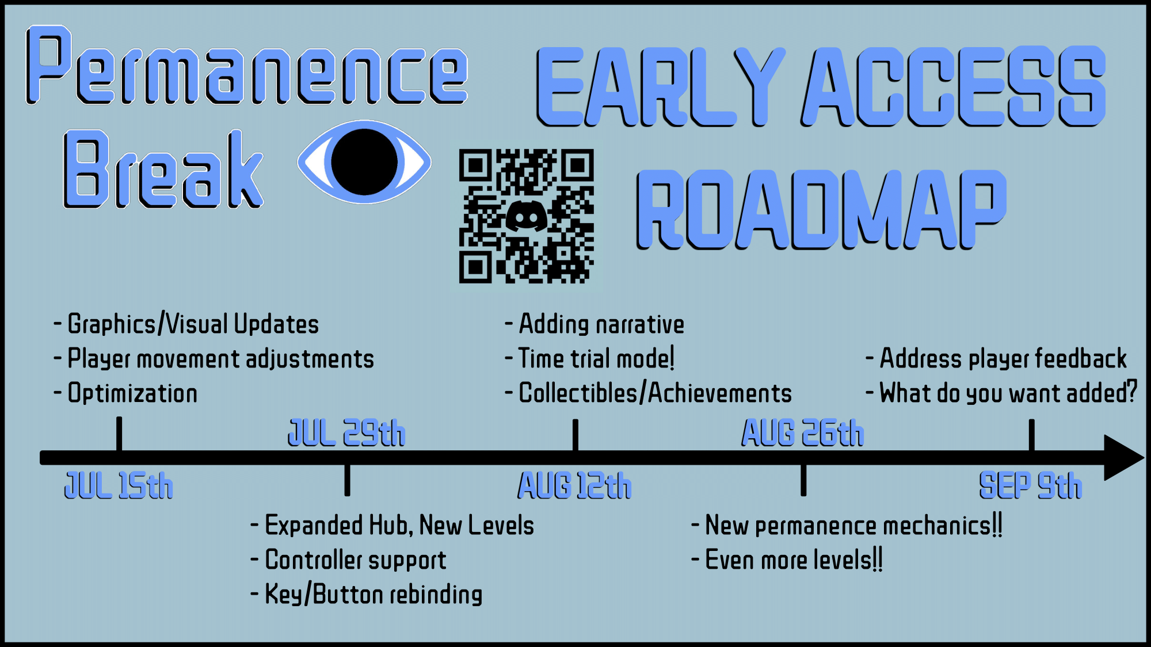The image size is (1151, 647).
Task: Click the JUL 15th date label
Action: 119,485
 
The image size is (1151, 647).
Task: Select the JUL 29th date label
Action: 346,432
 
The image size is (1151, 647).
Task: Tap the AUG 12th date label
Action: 574,485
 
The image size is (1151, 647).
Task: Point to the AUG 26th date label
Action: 803,432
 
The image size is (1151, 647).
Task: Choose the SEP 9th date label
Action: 1031,485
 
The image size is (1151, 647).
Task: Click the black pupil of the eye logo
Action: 364,162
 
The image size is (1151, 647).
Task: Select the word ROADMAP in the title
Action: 821,210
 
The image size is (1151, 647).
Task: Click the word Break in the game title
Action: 163,169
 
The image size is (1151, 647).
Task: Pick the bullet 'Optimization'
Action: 125,393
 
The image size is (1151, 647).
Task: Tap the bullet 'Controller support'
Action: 349,560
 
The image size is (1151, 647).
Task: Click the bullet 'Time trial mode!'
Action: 589,359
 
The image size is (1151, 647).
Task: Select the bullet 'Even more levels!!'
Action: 787,560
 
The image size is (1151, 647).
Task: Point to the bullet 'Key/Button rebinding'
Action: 367,595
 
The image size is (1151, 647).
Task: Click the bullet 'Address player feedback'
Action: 996,359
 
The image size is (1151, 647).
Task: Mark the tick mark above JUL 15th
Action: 119,434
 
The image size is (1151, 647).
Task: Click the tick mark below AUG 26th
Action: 803,480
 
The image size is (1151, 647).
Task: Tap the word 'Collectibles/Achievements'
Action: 655,393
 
